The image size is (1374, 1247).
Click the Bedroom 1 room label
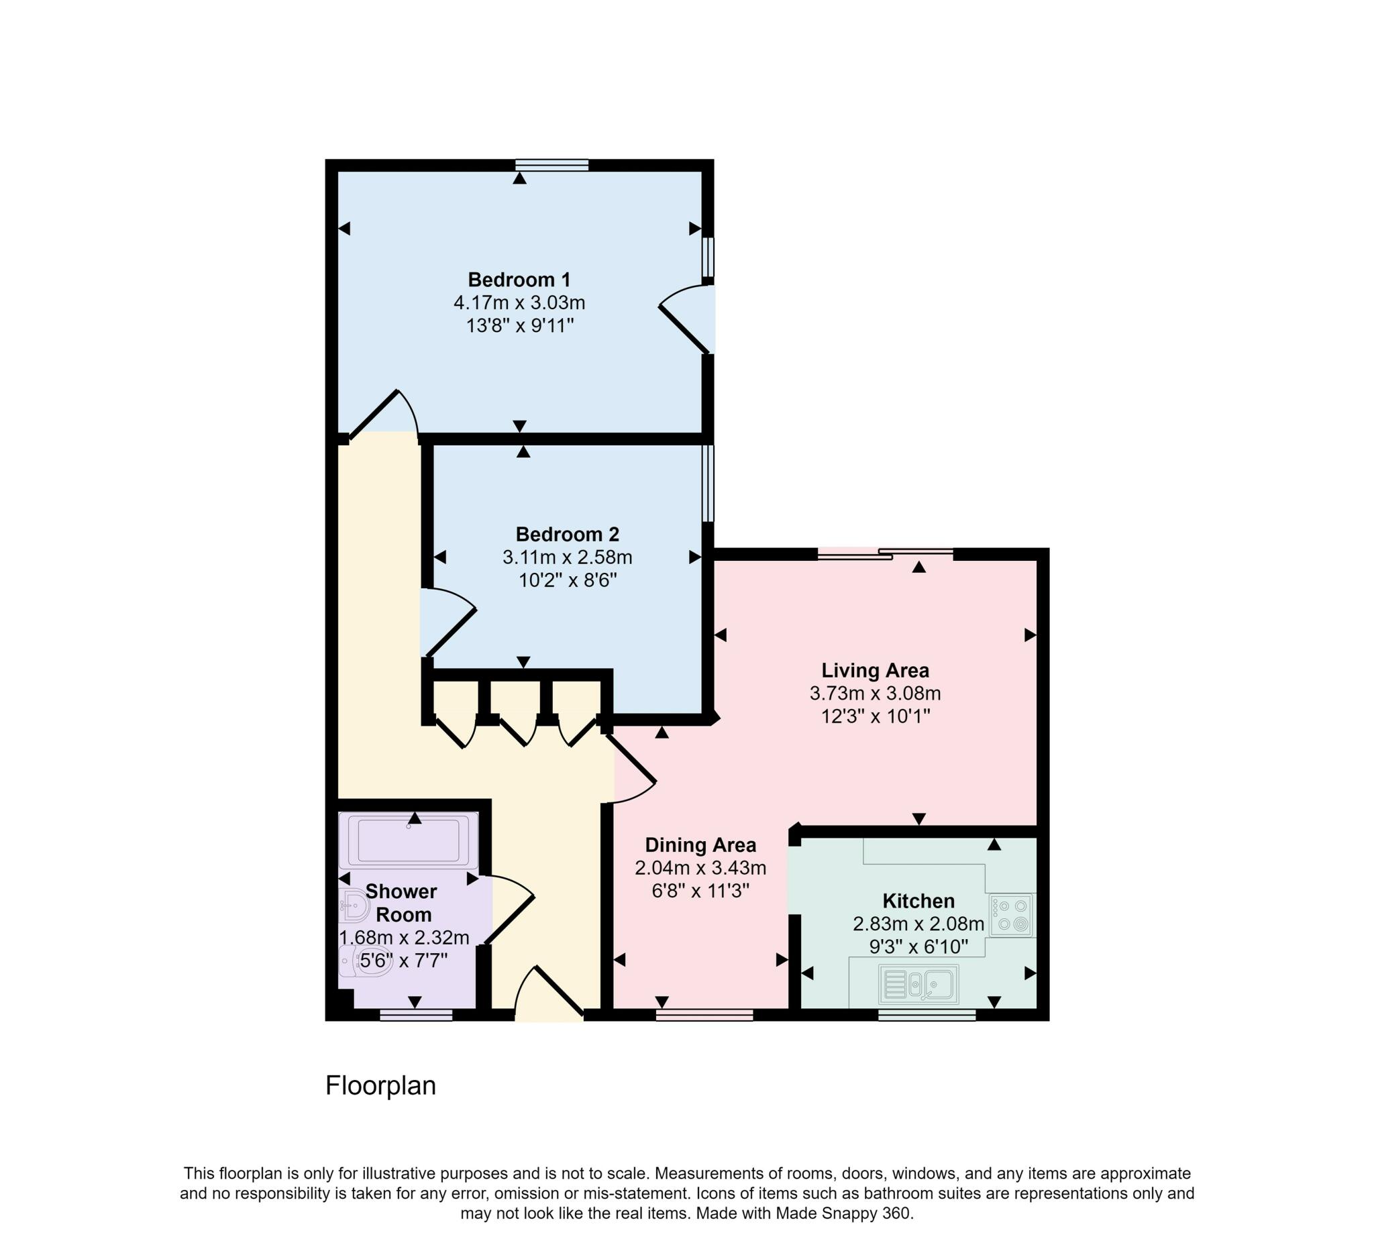[x=519, y=280]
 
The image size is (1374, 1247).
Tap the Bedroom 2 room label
[x=567, y=534]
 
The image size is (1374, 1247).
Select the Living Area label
[x=875, y=671]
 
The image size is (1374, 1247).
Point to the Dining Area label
[x=700, y=846]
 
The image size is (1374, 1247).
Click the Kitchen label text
[x=918, y=901]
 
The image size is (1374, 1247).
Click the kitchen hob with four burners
[x=1012, y=915]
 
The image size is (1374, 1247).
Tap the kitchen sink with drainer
[x=918, y=985]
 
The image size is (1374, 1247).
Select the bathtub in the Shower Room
[x=409, y=841]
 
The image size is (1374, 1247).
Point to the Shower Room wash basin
[x=354, y=906]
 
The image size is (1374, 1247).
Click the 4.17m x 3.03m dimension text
[x=519, y=303]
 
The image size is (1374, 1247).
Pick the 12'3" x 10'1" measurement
[x=875, y=717]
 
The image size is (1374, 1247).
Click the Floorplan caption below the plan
[x=380, y=1085]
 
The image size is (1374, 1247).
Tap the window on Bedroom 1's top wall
[x=551, y=164]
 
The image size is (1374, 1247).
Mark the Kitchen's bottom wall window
[x=927, y=1016]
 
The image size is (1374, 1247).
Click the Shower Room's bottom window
[x=416, y=1016]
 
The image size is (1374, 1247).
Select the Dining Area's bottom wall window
[x=704, y=1016]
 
